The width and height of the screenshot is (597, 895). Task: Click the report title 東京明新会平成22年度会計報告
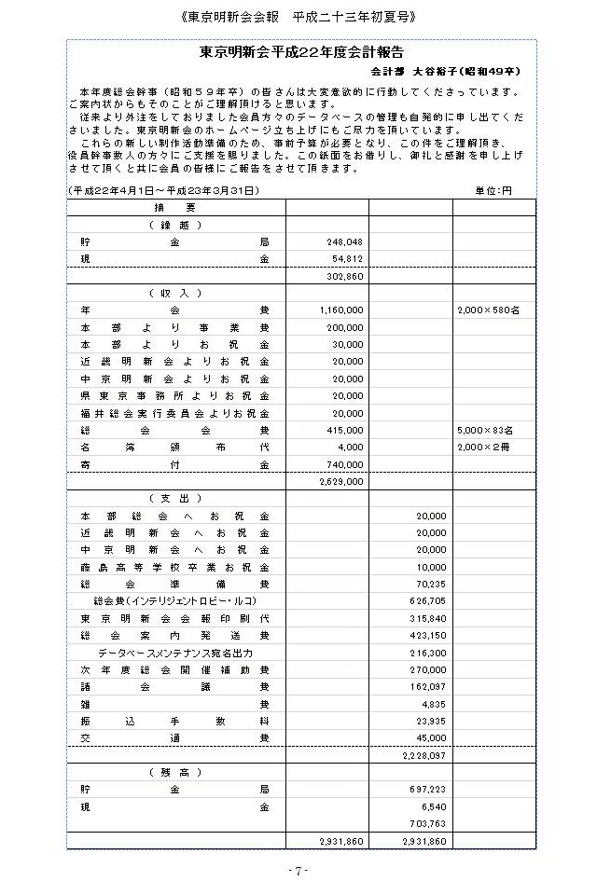308,53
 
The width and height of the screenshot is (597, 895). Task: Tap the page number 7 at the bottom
298,871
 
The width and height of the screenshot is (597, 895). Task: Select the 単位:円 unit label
494,190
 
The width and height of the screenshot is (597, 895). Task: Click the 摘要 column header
175,207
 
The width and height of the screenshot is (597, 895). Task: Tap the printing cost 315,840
427,618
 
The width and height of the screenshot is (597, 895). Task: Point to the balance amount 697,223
427,790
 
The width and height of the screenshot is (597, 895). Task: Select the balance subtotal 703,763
427,824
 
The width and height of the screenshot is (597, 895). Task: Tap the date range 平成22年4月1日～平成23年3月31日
164,190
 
